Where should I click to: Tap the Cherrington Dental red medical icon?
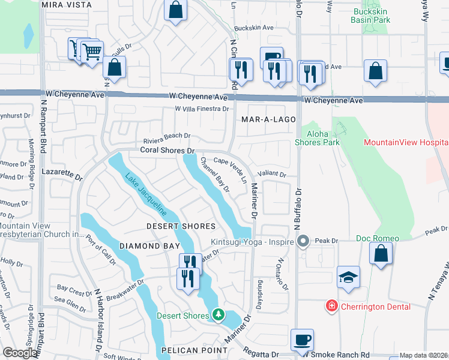[x=331, y=307]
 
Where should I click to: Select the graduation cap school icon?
[x=348, y=277]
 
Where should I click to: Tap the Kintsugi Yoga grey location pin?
[x=303, y=242]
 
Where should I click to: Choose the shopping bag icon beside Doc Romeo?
[x=381, y=253]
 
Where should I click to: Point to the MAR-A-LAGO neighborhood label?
[x=268, y=120]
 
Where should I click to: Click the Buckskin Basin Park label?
[x=371, y=16]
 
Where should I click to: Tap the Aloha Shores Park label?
[x=317, y=138]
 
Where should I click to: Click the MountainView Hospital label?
[x=406, y=142]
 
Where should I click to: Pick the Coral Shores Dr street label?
[x=168, y=151]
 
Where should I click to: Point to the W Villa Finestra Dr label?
[x=202, y=109]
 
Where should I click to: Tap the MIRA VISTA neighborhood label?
[x=67, y=5]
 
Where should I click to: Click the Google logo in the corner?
[x=20, y=353]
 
